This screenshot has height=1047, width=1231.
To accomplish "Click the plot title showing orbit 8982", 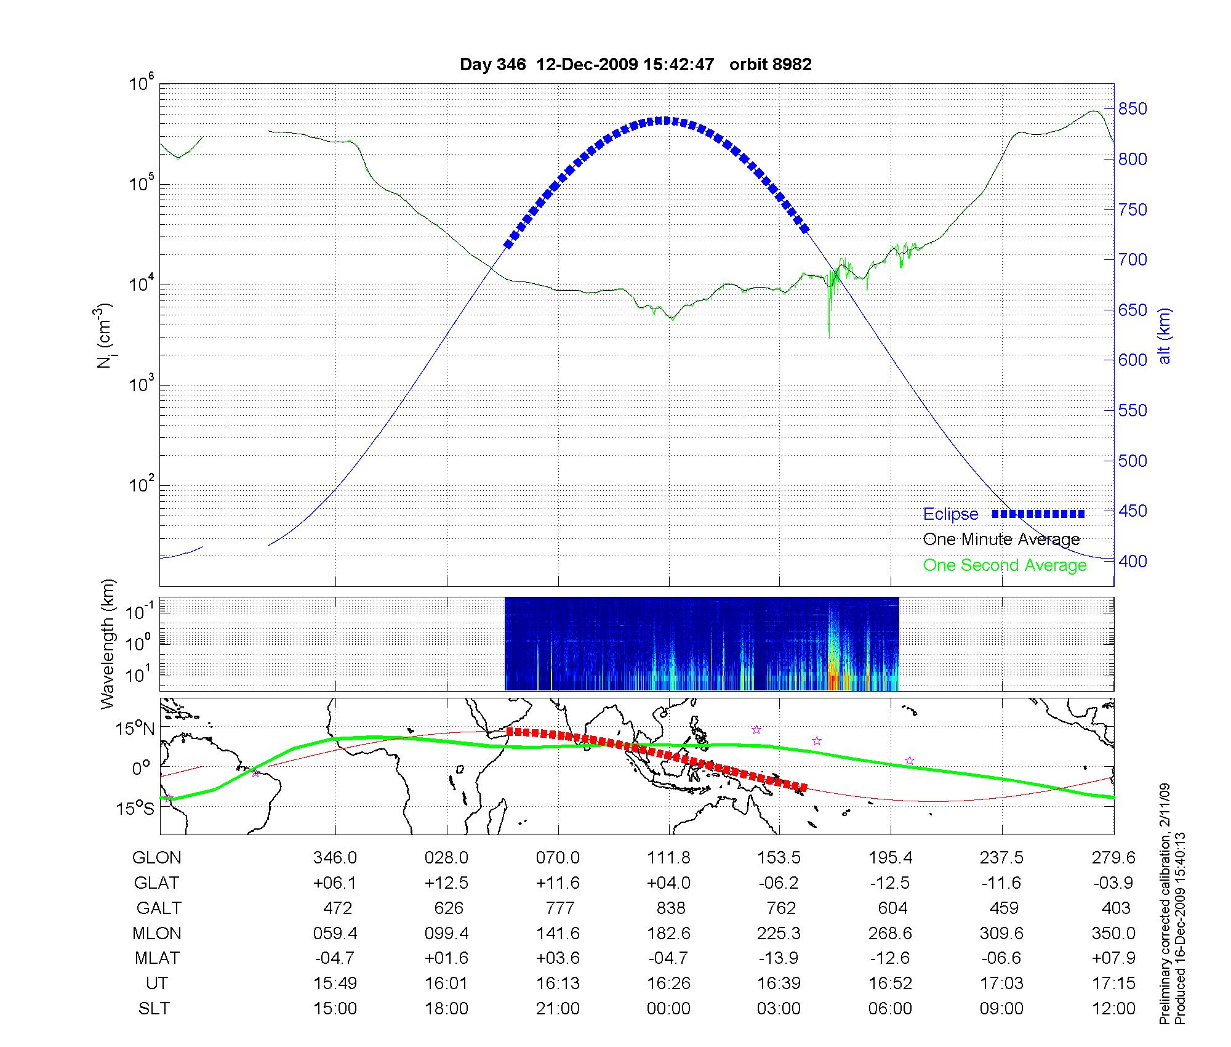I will [x=635, y=65].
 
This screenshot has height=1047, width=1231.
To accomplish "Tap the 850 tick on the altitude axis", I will [x=1133, y=109].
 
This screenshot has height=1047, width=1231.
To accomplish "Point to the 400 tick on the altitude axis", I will [x=1133, y=561].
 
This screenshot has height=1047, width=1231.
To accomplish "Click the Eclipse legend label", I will [x=950, y=514].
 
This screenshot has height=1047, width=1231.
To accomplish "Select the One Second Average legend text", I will [x=1004, y=565].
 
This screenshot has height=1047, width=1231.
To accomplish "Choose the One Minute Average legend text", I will [x=1001, y=540].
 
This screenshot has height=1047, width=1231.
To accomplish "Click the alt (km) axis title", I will [x=1165, y=336].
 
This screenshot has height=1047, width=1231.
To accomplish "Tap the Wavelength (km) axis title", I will [x=108, y=644].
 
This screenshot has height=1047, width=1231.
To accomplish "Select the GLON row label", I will [x=156, y=857].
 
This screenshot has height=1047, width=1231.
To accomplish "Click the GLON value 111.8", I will [x=668, y=857].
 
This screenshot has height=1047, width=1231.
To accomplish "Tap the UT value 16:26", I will [x=668, y=983].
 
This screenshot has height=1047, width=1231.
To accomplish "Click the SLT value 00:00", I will [x=668, y=1008].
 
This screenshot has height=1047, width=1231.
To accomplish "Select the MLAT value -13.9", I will [x=779, y=958].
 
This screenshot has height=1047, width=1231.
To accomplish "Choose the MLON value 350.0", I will [x=1113, y=933].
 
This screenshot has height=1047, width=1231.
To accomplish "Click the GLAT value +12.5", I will [x=446, y=883].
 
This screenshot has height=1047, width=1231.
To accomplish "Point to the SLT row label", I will [x=154, y=1008].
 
